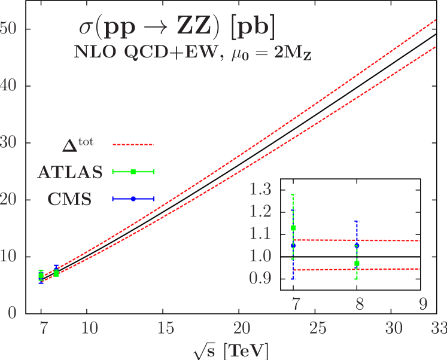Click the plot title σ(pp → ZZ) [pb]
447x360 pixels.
[178, 29]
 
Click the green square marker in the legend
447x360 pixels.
[133, 172]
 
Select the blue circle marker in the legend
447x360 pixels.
[133, 199]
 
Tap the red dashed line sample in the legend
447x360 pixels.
[133, 144]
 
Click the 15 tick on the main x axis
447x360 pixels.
[166, 328]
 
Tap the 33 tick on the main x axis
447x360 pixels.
[439, 328]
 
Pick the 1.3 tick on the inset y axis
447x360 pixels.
[260, 190]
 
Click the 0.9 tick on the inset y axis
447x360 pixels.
[260, 279]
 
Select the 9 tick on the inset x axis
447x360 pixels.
[423, 304]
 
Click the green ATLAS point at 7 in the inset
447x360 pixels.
[293, 228]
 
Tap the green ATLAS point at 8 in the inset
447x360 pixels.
[357, 263]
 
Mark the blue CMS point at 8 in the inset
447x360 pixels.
[357, 245]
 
